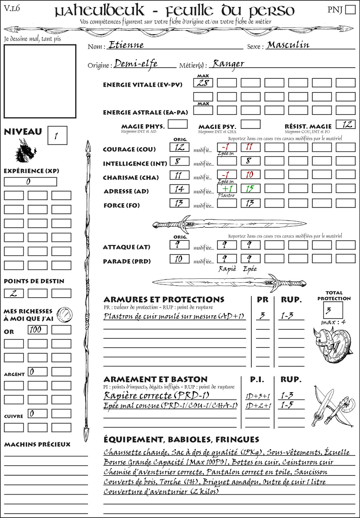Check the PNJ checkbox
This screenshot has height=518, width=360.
point(350,9)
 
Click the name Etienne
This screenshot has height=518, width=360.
point(126,45)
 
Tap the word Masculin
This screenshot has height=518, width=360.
point(288,45)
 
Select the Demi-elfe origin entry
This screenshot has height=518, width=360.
point(136,64)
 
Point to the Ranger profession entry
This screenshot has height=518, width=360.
point(228,64)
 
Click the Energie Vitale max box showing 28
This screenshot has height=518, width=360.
point(203,83)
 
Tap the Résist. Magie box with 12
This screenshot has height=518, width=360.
point(346,124)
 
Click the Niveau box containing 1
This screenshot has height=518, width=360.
point(57,136)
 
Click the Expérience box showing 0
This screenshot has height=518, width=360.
point(30,182)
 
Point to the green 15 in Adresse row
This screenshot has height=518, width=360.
point(250,189)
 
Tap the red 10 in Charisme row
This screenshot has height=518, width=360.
point(250,175)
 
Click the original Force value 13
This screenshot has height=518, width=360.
point(179,203)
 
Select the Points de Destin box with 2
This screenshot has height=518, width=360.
point(14,293)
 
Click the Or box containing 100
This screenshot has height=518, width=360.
point(37,330)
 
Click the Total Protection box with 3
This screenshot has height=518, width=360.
point(333,310)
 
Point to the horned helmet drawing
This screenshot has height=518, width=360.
point(323,341)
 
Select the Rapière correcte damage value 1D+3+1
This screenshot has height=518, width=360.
point(258,396)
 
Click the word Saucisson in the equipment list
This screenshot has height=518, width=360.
point(310,472)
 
